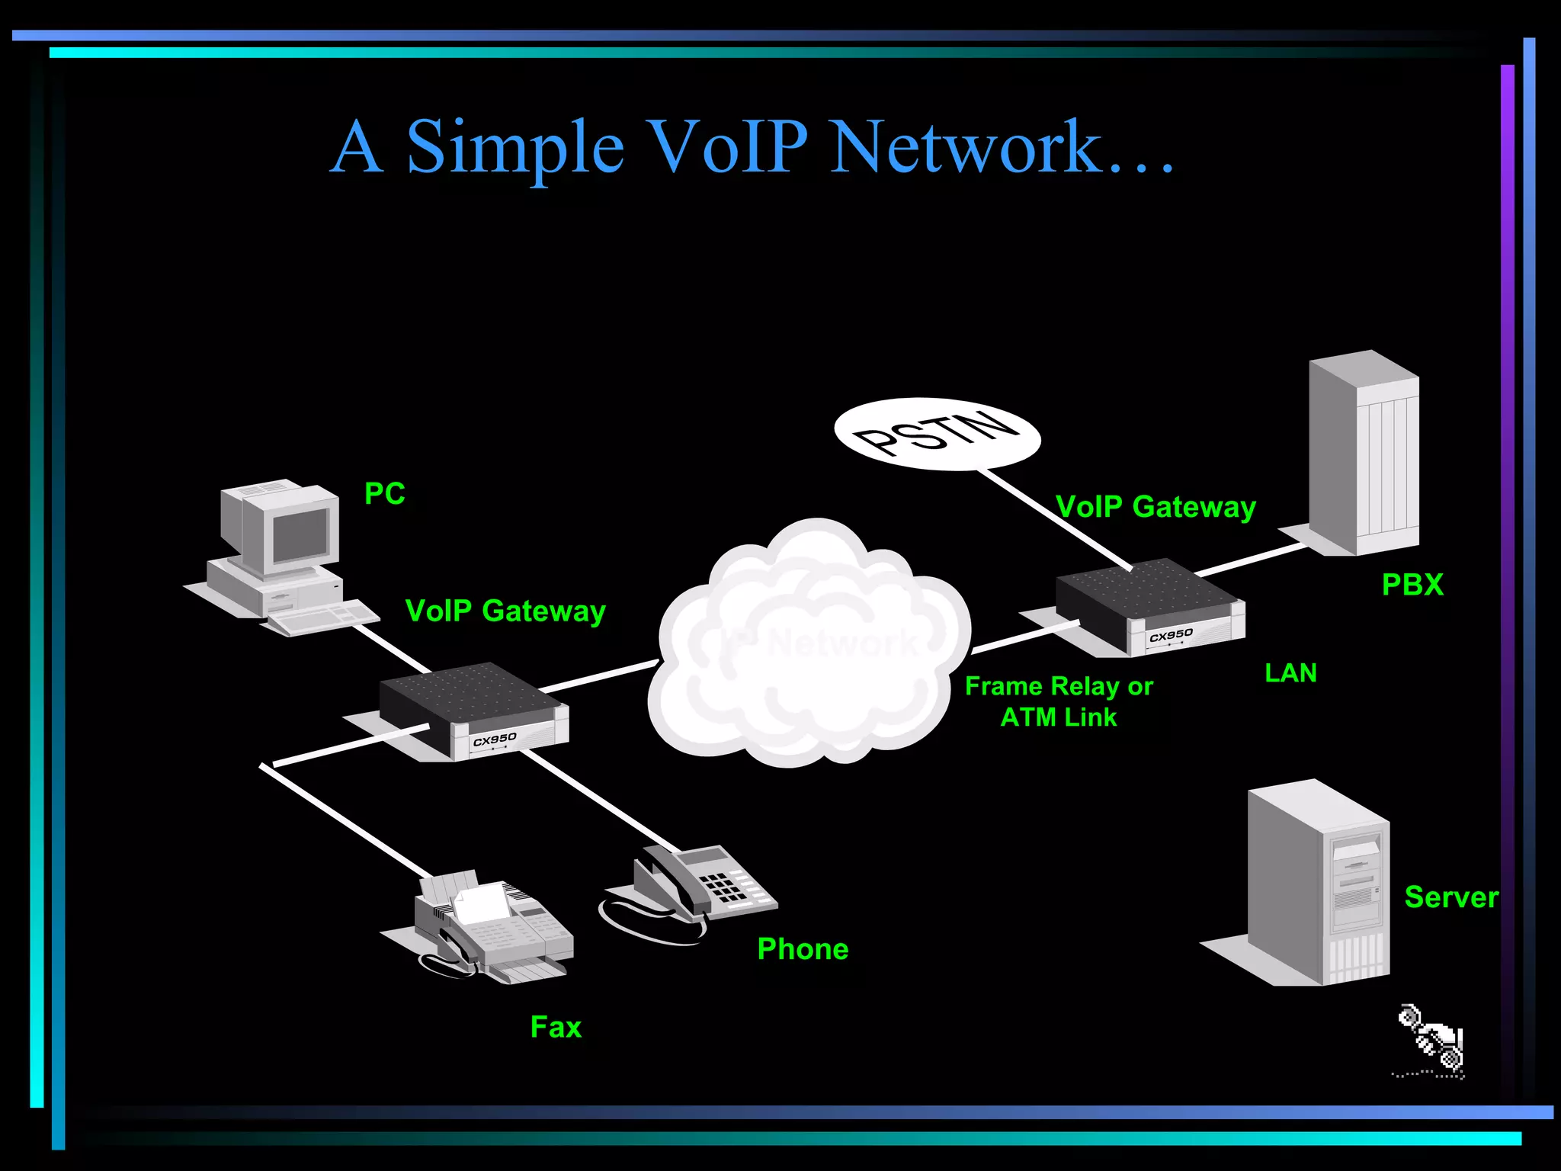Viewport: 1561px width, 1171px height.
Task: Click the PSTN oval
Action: coord(937,434)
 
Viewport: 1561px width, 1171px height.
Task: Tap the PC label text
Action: coord(385,494)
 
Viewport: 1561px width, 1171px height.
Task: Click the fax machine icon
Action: coord(488,926)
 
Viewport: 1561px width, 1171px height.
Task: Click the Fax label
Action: coord(556,1027)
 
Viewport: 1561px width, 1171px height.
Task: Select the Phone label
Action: coord(803,949)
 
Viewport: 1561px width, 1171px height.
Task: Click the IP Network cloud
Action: coord(808,648)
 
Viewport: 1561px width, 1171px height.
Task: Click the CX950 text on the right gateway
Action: coord(1171,635)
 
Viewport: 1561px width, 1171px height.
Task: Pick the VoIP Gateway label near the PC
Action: coord(505,611)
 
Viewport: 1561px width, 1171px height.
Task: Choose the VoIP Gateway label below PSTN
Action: coord(1156,507)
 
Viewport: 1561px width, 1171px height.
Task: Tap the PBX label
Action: coord(1412,585)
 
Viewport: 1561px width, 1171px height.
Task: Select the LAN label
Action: coord(1290,673)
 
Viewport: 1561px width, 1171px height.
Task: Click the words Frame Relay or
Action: coord(1059,686)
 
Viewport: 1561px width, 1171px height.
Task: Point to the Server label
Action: coord(1450,897)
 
